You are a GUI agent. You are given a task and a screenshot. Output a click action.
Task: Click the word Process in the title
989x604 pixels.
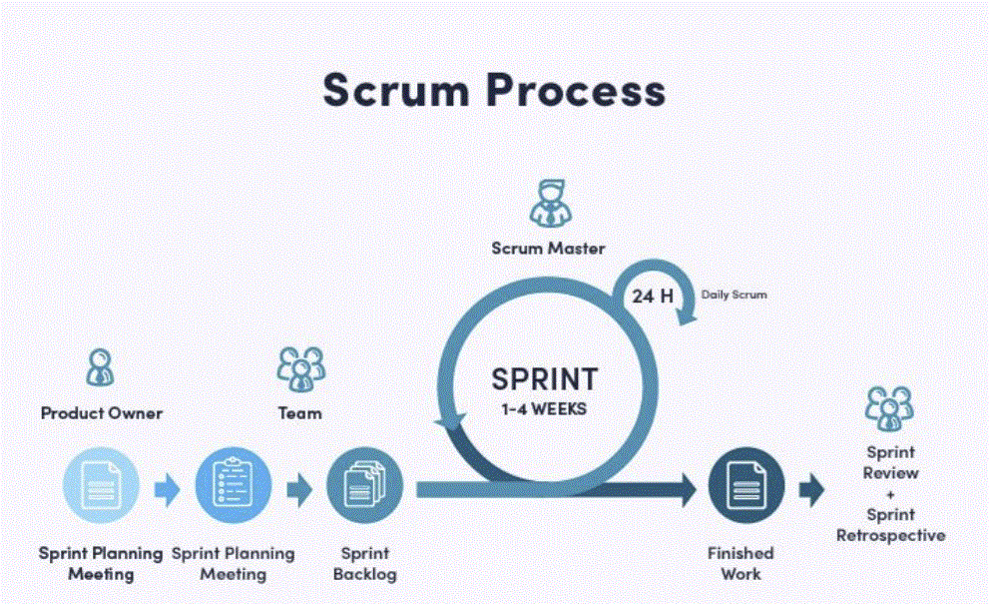[575, 90]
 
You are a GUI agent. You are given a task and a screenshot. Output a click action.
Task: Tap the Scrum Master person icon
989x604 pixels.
[548, 204]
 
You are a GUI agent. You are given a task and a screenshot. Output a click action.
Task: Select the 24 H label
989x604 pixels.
[653, 296]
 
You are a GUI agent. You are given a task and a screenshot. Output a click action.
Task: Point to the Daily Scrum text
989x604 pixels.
[736, 296]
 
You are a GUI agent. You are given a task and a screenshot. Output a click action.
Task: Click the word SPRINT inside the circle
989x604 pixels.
[544, 379]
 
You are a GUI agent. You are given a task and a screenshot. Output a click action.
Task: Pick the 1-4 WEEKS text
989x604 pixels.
[544, 408]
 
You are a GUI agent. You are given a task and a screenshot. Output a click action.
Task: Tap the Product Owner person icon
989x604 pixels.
[100, 367]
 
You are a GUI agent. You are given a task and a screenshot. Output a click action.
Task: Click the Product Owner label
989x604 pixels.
[101, 412]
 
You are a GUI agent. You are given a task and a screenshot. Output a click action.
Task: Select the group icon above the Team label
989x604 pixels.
[300, 367]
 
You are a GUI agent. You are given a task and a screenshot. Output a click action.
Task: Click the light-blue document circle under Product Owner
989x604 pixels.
[101, 487]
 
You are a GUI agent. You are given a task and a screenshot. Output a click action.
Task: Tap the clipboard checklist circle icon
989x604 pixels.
[233, 487]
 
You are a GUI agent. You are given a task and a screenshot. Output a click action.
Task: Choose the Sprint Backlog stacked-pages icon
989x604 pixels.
[364, 487]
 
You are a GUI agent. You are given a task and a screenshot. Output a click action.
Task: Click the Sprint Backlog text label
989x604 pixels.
[364, 563]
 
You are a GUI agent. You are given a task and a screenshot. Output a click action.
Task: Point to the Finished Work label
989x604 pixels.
[741, 563]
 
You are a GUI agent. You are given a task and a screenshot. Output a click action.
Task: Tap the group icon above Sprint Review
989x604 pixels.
[889, 407]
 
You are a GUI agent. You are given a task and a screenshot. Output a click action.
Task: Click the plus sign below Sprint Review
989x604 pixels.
[890, 494]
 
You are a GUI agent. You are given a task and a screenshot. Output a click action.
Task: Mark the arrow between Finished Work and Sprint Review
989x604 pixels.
[812, 488]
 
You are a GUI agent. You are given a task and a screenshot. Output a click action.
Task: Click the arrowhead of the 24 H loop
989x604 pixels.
[687, 316]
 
